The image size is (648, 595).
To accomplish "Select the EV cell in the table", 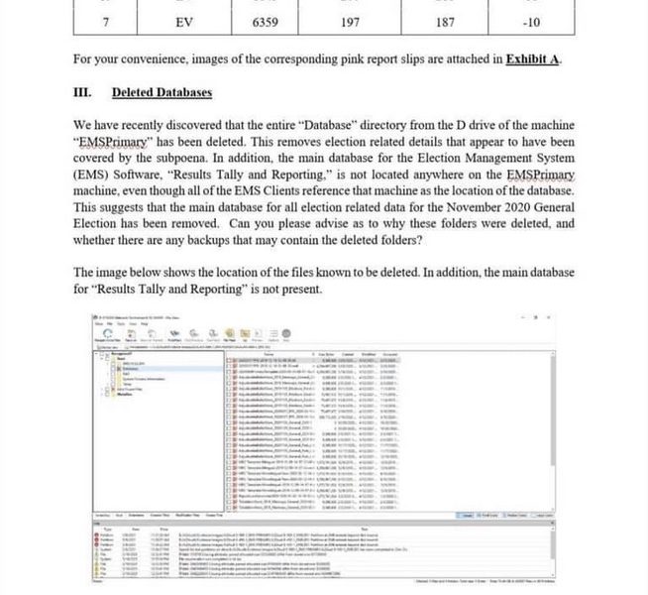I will pyautogui.click(x=183, y=20).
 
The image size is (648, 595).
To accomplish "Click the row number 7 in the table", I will pyautogui.click(x=105, y=20).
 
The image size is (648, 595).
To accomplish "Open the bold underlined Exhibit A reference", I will pyautogui.click(x=532, y=59).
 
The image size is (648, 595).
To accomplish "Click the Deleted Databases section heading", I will pyautogui.click(x=162, y=92).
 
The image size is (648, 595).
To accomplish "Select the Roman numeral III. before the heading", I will pyautogui.click(x=83, y=92).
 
